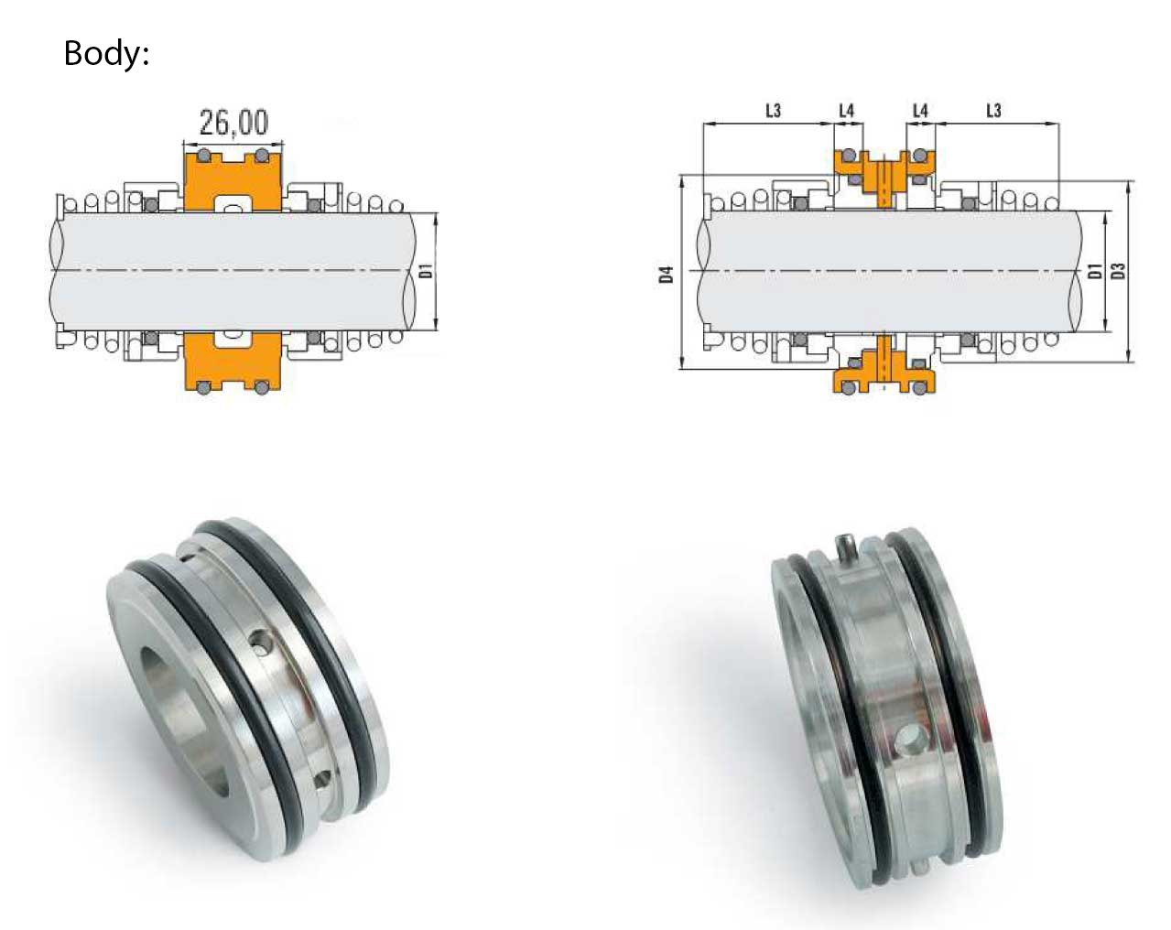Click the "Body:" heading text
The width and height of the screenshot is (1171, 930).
pos(106,54)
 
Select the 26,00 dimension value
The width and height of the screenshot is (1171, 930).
pos(233,122)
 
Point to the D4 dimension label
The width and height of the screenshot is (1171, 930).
pos(666,275)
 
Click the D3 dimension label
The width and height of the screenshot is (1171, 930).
pos(1118,271)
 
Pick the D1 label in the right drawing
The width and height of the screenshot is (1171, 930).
pos(1095,271)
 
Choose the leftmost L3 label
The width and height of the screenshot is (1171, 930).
pos(774,111)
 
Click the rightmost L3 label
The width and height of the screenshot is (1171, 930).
pos(993,111)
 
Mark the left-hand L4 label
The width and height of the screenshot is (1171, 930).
pos(847,111)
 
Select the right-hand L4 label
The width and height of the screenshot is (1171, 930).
pos(920,111)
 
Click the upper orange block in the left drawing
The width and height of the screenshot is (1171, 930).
pos(233,182)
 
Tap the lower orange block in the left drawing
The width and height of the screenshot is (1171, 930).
pos(233,361)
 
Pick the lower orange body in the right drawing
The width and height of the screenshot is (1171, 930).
pos(884,367)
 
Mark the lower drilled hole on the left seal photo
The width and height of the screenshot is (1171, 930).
pos(322,779)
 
